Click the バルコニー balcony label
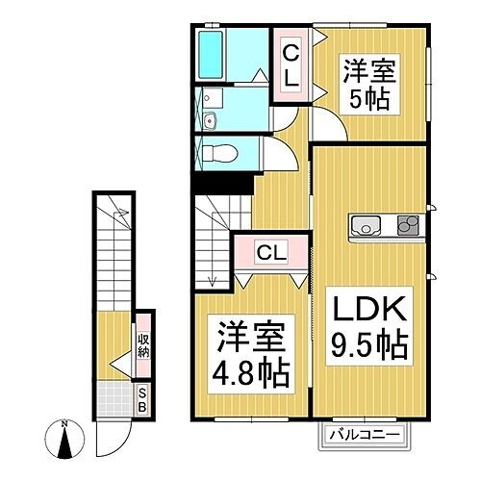point(366,435)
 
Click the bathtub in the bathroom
point(211,58)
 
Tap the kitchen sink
point(367,227)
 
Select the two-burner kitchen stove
point(408,227)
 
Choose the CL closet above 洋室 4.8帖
point(271,254)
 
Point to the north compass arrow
point(64,443)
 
